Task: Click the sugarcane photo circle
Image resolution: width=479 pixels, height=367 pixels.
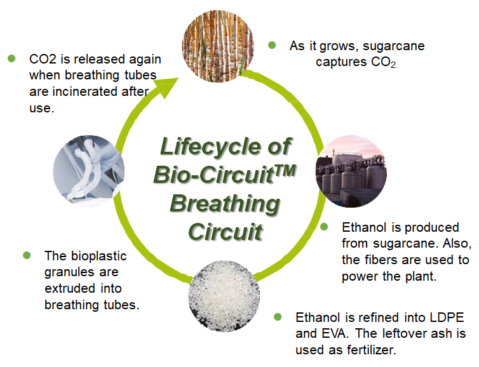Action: [218, 46]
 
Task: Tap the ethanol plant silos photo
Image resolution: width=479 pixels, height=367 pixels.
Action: [351, 171]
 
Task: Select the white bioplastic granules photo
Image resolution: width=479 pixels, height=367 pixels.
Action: [224, 296]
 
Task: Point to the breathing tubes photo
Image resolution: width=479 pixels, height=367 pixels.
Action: [89, 171]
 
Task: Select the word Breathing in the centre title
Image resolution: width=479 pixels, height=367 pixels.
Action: [225, 204]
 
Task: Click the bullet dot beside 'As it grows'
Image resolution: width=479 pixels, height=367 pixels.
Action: [272, 46]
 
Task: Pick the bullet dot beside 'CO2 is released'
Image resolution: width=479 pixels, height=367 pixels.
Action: [11, 58]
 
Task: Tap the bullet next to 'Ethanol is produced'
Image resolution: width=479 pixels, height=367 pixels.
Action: [324, 227]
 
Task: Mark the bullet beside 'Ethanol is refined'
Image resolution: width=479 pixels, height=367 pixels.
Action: [278, 317]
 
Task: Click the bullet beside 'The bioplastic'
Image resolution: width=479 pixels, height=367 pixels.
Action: [27, 255]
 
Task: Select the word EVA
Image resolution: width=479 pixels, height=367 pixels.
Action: [335, 333]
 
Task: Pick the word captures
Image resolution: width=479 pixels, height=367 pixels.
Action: [341, 62]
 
